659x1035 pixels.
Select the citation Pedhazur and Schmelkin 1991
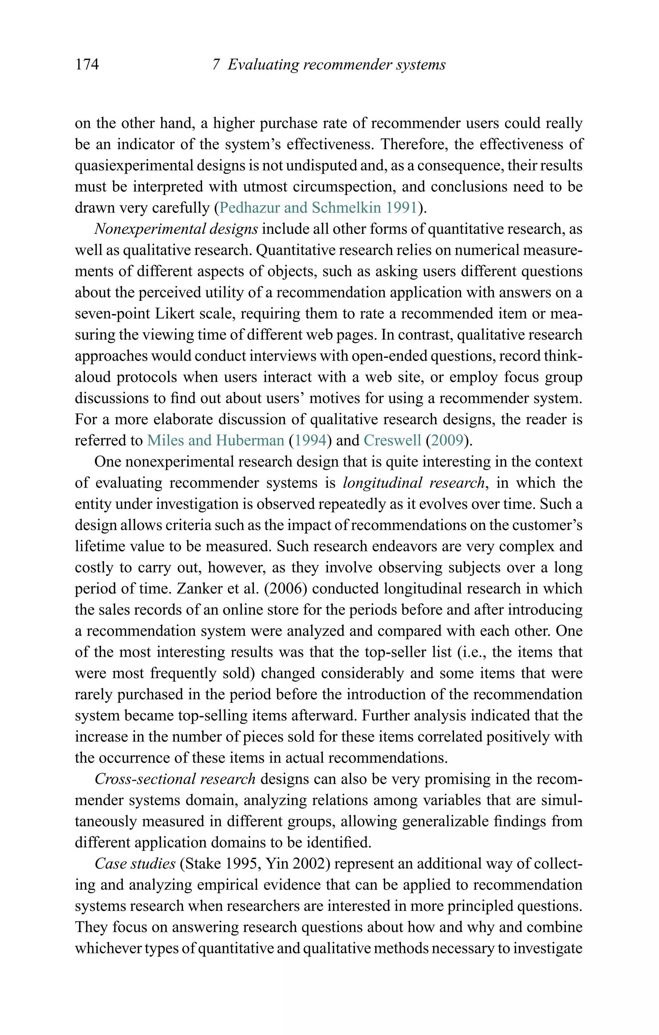pyautogui.click(x=318, y=208)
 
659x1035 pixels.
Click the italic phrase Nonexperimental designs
pyautogui.click(x=176, y=229)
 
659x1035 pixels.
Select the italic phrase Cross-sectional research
pyautogui.click(x=175, y=779)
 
